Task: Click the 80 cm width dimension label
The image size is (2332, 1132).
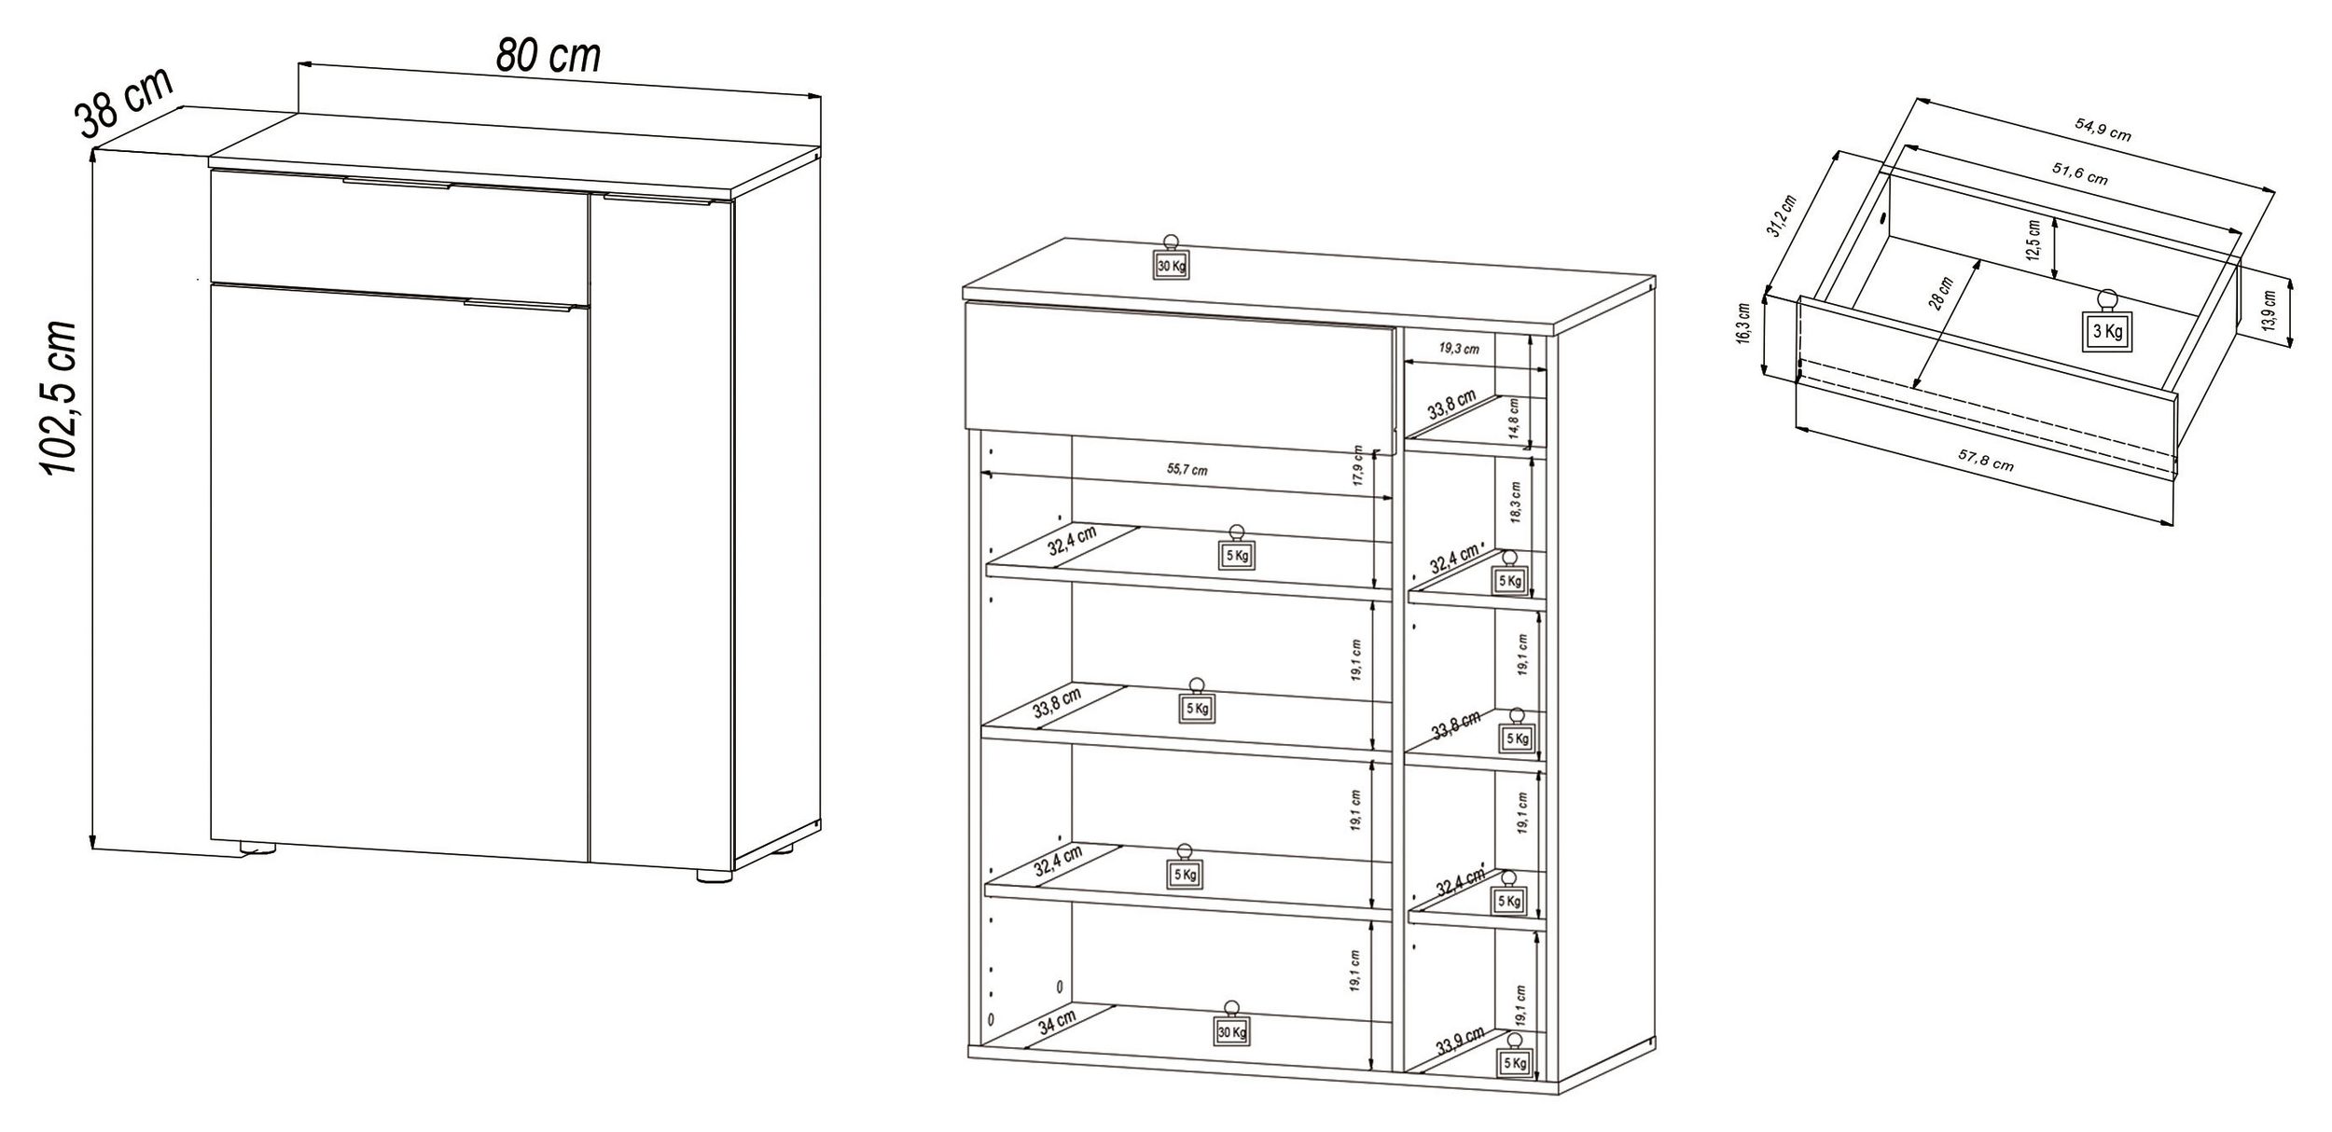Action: click(x=548, y=56)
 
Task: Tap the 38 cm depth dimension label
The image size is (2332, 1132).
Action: click(x=124, y=103)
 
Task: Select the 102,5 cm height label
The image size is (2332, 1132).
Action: click(x=61, y=396)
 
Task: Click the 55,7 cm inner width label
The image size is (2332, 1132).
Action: click(x=1187, y=469)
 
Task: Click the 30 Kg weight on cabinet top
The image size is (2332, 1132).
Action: click(x=1171, y=258)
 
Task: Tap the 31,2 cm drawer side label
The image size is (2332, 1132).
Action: click(x=1783, y=216)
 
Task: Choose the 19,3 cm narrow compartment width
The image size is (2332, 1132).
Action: click(x=1459, y=349)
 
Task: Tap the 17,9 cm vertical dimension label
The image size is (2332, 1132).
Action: click(x=1358, y=466)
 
